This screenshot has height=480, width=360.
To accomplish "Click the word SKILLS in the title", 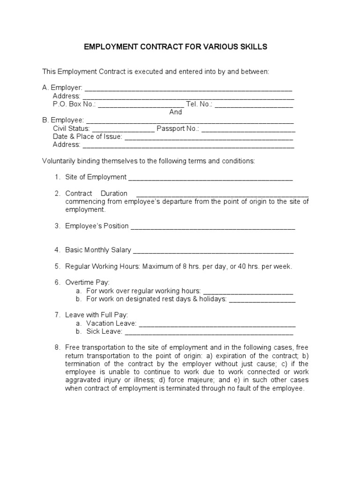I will pos(252,47).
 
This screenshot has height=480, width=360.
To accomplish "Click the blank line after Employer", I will pos(188,89).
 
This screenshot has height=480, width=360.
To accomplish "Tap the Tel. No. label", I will pos(199,104).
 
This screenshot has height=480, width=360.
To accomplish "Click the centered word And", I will pos(175,112).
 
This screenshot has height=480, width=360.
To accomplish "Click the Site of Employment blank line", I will pos(210,178).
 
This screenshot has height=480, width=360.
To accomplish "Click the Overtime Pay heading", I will pos(87,283).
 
